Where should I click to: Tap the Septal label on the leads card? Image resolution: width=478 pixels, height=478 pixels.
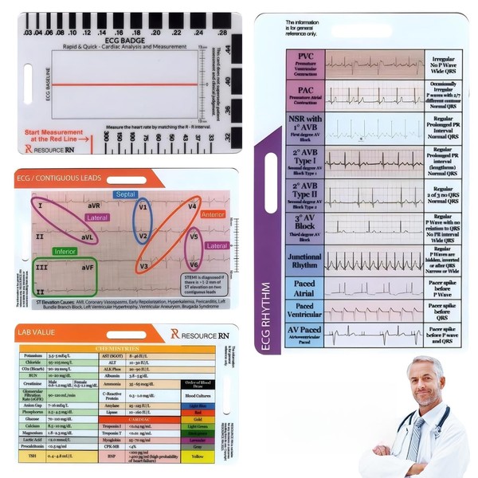tap(126, 194)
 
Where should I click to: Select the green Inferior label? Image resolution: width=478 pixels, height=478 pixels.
tap(65, 252)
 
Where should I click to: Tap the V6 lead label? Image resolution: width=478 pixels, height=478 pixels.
tap(193, 264)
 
